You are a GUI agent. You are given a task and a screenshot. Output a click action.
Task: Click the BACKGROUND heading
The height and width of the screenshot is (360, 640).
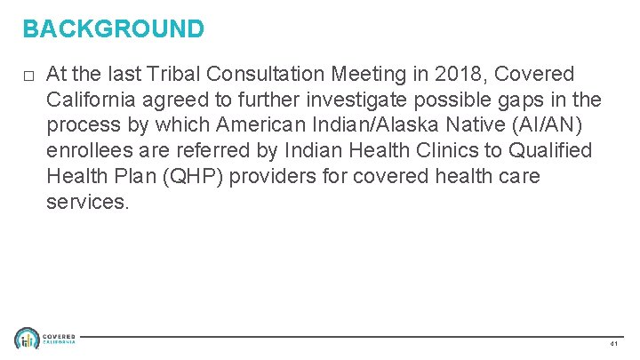[x=114, y=29]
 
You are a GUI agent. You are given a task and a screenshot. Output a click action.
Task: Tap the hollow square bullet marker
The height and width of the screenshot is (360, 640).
[x=29, y=74]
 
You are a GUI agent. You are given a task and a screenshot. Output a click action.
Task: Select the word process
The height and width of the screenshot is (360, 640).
[x=81, y=124]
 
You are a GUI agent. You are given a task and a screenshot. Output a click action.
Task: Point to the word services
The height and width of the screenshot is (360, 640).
[x=87, y=202]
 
